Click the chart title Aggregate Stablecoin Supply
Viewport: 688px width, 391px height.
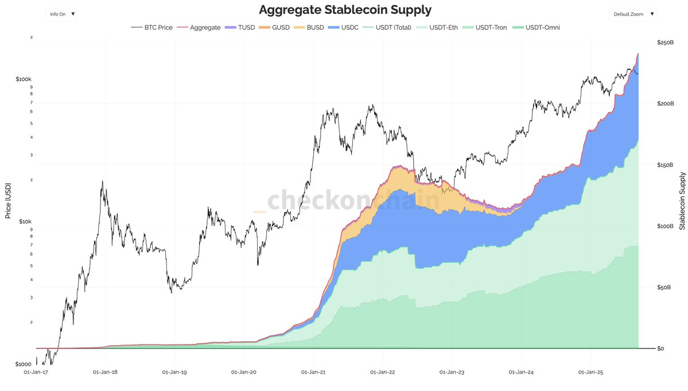point(345,10)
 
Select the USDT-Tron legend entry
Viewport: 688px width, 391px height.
point(486,28)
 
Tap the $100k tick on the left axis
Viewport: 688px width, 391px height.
point(24,79)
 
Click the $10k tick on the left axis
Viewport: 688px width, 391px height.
point(25,222)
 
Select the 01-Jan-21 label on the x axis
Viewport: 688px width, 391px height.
point(313,372)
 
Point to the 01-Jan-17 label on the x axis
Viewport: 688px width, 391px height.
point(36,372)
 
